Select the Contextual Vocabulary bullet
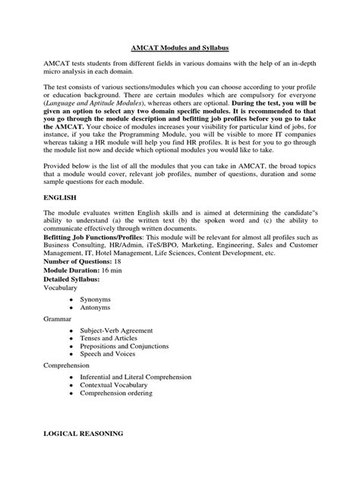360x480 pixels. click(115, 386)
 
